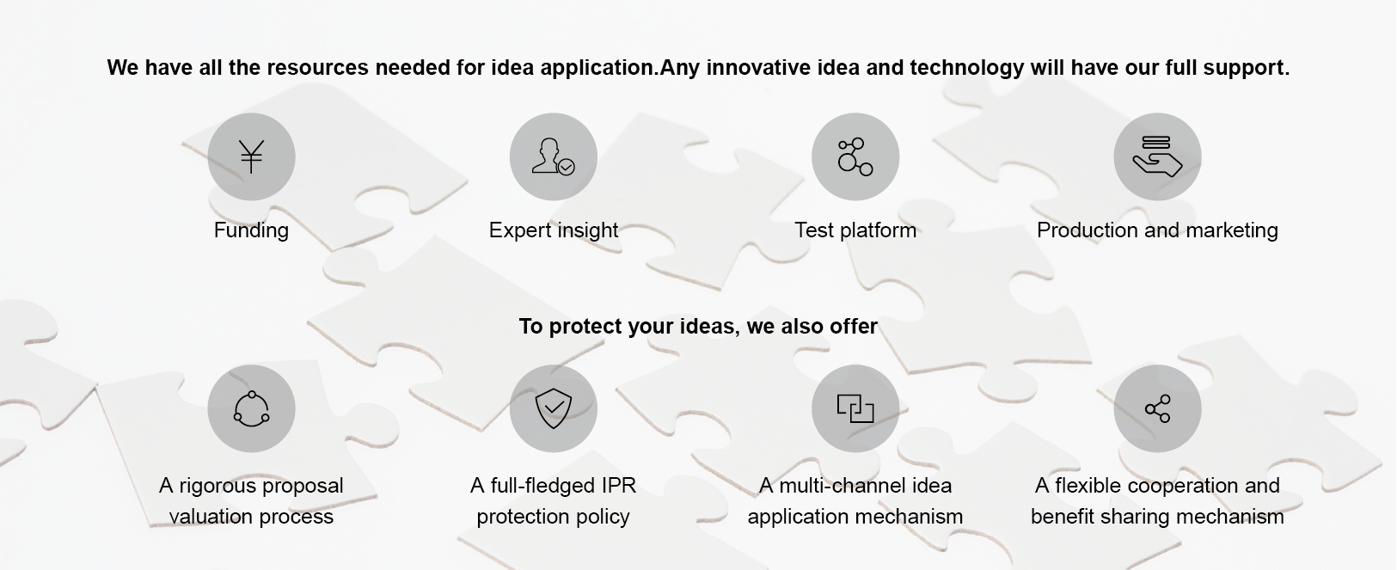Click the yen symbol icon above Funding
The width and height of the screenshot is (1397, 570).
251,156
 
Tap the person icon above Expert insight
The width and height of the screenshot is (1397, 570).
553,156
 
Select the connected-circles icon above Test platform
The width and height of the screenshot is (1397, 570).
855,156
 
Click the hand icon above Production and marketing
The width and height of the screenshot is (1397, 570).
1157,156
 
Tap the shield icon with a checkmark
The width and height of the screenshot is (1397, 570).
553,408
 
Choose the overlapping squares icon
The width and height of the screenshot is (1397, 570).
855,408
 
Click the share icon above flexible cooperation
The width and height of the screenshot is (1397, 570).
1157,408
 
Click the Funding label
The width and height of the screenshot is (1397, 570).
251,230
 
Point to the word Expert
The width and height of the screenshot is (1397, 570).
520,230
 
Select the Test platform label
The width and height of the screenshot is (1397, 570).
855,230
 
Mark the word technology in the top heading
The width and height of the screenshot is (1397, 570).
966,67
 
